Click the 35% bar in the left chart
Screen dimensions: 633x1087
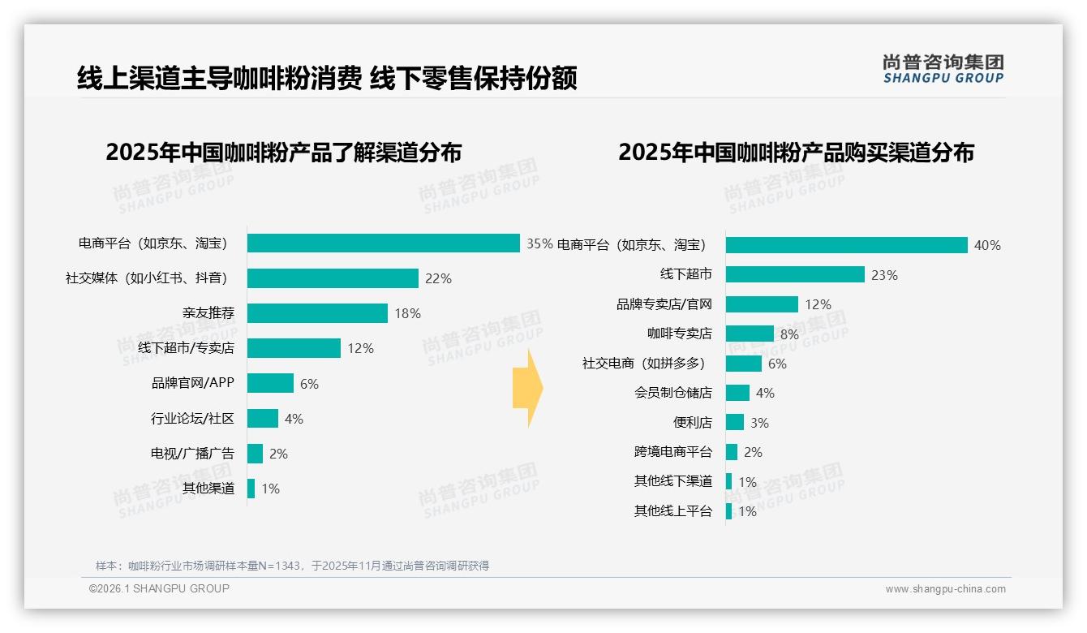[x=383, y=243]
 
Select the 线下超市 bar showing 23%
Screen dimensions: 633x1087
[x=795, y=274]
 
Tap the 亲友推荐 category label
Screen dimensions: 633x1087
[x=208, y=313]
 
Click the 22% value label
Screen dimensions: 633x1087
[x=438, y=278]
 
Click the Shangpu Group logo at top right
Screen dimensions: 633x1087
[x=943, y=69]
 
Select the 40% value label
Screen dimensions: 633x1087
[x=987, y=245]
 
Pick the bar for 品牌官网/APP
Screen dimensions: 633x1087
[x=270, y=383]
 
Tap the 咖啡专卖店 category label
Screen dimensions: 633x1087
[x=679, y=334]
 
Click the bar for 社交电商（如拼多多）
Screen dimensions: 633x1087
[x=743, y=364]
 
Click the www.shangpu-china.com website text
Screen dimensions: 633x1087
[x=945, y=589]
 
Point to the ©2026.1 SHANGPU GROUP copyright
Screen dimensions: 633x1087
[x=159, y=588]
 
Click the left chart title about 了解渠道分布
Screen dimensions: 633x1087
[x=283, y=153]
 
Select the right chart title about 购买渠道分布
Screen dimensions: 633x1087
[x=796, y=153]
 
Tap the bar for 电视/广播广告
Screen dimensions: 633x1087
[x=255, y=454]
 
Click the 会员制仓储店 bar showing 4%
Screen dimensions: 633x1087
[x=737, y=393]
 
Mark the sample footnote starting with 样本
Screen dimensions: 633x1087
[x=292, y=566]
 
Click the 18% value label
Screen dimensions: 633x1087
[x=407, y=313]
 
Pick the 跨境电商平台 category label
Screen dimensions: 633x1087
[x=672, y=452]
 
